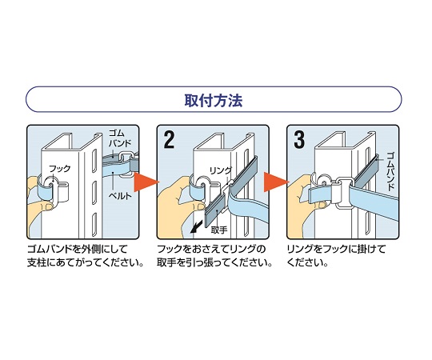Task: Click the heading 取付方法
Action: tap(214, 100)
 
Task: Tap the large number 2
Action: tap(169, 140)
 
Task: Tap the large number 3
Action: tap(299, 140)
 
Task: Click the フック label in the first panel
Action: tap(59, 168)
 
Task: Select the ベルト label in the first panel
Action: tap(120, 196)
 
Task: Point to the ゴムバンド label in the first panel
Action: tap(119, 138)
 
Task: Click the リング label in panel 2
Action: tap(221, 170)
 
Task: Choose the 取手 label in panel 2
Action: tap(219, 230)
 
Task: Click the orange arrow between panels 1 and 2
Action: tap(146, 182)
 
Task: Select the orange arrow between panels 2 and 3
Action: tap(276, 182)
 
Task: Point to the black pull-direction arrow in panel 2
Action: tap(195, 227)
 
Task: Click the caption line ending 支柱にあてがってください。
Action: tap(86, 262)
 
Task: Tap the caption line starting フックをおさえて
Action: tap(211, 249)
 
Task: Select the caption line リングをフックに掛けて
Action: tap(336, 249)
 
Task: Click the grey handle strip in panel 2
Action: tap(215, 210)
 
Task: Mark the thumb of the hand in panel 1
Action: tap(43, 206)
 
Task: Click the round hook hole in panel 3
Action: tap(323, 182)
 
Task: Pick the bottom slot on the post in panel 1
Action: tap(94, 224)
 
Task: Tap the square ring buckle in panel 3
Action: tap(342, 193)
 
